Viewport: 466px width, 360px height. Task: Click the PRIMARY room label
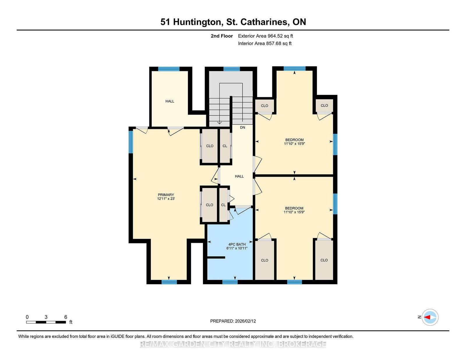click(x=166, y=195)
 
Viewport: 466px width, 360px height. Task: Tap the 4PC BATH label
click(x=237, y=244)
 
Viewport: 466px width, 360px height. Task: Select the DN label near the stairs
click(x=242, y=127)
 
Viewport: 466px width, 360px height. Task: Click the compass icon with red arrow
click(x=430, y=317)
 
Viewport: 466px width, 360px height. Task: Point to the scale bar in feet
click(x=46, y=322)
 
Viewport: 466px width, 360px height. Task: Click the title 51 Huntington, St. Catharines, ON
click(x=233, y=22)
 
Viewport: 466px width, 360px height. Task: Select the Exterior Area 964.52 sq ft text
click(x=265, y=36)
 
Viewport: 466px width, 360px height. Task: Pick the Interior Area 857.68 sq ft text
click(x=265, y=43)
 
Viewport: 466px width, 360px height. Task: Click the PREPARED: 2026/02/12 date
click(x=233, y=321)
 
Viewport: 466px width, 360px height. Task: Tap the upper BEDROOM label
click(x=294, y=140)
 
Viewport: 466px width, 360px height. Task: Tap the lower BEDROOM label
click(x=294, y=208)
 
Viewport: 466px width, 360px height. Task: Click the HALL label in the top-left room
click(x=170, y=101)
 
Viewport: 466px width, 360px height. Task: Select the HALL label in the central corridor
click(x=239, y=176)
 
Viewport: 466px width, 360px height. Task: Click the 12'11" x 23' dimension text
click(x=166, y=199)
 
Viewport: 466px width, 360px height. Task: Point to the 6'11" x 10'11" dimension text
click(x=237, y=248)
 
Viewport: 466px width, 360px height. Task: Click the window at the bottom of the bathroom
click(x=230, y=282)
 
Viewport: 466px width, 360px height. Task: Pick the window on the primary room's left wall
click(x=131, y=142)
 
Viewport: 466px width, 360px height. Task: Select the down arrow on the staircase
click(x=220, y=123)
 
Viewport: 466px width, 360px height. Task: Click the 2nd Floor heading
click(x=222, y=36)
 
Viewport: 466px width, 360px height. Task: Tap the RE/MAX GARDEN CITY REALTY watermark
click(x=233, y=344)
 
